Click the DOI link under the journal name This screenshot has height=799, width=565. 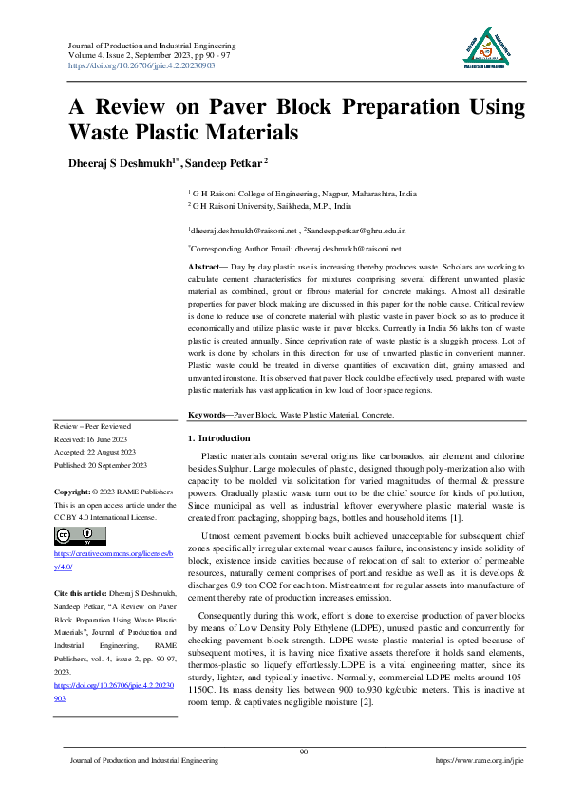(x=141, y=65)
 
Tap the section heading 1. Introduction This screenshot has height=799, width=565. (x=219, y=438)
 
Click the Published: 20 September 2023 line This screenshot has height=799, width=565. (x=101, y=465)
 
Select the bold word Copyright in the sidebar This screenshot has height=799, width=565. (x=72, y=492)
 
